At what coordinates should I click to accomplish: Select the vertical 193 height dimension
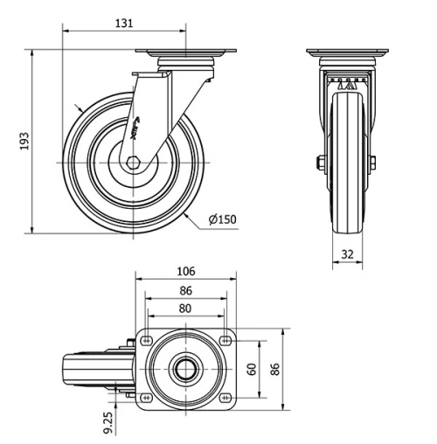pos(24,141)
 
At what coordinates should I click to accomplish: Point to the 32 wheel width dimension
pos(347,255)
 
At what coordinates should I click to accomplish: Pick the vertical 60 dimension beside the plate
pos(252,369)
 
